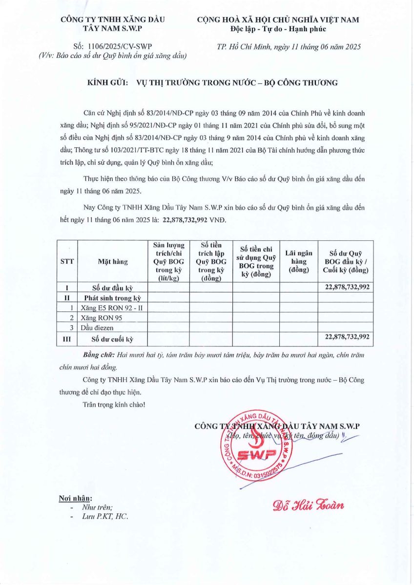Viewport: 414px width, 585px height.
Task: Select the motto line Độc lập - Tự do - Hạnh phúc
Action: click(x=278, y=29)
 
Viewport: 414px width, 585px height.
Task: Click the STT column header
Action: click(x=67, y=261)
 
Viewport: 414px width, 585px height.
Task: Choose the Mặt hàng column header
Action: click(x=113, y=261)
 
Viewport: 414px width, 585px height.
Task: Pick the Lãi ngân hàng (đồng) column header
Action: click(x=298, y=261)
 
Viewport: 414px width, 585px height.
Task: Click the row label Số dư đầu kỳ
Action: click(x=113, y=288)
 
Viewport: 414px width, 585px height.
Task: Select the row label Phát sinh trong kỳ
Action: click(x=113, y=298)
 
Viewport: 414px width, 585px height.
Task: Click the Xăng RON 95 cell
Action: click(x=102, y=317)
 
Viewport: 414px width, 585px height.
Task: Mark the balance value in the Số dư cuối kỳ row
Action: click(x=347, y=337)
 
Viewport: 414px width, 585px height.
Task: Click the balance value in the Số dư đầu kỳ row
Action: click(x=347, y=288)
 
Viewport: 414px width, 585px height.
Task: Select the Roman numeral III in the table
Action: click(x=67, y=337)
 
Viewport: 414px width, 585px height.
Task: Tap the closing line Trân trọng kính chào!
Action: click(x=114, y=404)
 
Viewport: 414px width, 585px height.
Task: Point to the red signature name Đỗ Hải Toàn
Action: click(x=308, y=504)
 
